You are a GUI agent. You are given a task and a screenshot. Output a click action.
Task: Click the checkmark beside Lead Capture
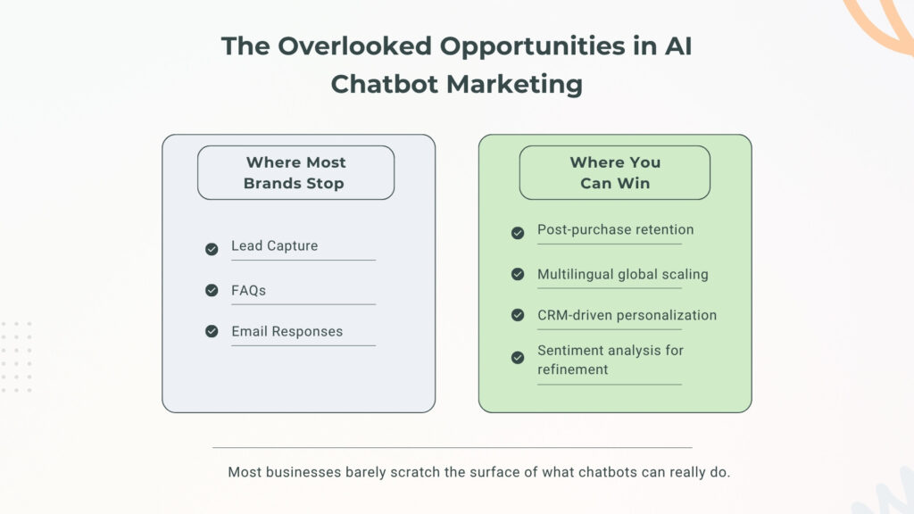[212, 249]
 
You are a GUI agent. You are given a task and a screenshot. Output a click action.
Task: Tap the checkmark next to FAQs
[212, 290]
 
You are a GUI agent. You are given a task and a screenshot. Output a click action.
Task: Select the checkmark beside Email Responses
[212, 331]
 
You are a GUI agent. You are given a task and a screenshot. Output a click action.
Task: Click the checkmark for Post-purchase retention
[518, 233]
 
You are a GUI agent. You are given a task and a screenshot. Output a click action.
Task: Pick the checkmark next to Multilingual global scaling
[518, 274]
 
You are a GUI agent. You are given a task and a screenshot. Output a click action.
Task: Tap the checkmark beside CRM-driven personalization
[518, 315]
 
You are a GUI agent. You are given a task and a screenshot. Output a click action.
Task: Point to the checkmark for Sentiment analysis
[518, 358]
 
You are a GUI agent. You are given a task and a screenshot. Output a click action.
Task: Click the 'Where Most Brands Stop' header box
[295, 172]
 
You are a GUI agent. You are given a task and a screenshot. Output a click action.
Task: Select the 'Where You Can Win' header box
[615, 172]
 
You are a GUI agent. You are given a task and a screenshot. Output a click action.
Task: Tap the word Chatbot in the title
[384, 85]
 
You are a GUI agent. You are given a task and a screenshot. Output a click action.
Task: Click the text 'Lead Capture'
[274, 245]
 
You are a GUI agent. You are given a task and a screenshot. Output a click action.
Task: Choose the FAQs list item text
[248, 290]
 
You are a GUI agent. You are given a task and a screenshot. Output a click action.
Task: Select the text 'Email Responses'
[287, 331]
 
